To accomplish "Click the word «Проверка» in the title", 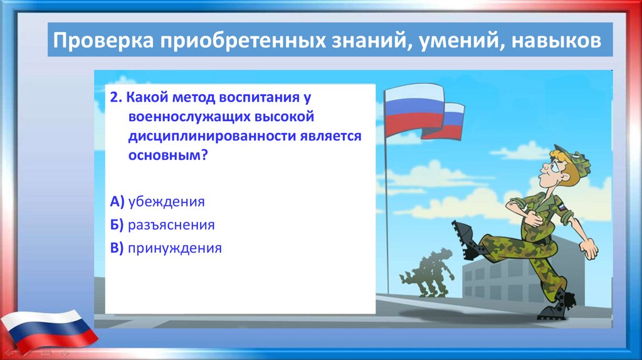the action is click(x=103, y=41).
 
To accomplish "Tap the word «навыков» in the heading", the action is click(x=557, y=41).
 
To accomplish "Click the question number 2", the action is click(x=116, y=97).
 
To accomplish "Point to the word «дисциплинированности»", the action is click(x=212, y=136).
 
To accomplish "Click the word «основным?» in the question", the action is click(x=168, y=155).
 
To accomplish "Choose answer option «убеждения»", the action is click(x=166, y=201).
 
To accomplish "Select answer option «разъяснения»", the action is click(x=171, y=225).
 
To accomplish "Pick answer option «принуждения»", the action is click(x=175, y=248).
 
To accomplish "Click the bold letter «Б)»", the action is click(x=117, y=225).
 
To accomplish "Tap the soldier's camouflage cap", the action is click(x=573, y=159).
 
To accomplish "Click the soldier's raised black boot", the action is click(x=466, y=240).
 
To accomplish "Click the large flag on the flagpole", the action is click(x=414, y=110).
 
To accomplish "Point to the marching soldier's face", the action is click(x=550, y=169).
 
